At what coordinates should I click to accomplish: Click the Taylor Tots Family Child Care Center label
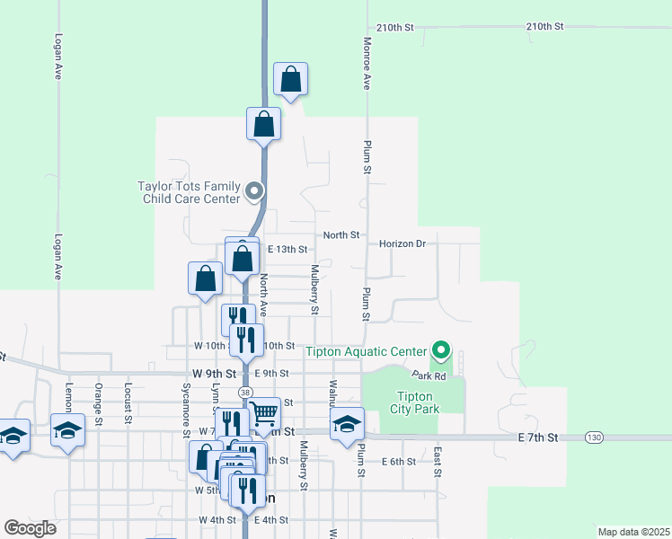[x=189, y=192]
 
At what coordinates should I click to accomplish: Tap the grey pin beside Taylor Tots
[x=254, y=191]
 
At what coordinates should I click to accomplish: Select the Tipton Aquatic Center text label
[x=367, y=350]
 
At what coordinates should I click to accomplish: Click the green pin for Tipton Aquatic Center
[x=440, y=349]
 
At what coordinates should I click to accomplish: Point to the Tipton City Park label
[x=413, y=402]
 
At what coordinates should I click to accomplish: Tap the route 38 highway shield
[x=245, y=393]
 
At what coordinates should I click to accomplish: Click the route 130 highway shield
[x=592, y=437]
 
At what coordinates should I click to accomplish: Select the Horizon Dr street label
[x=407, y=243]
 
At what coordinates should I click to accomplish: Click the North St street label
[x=341, y=235]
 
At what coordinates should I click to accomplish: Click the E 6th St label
[x=398, y=462]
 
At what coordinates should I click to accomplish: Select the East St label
[x=438, y=462]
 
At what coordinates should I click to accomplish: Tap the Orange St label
[x=98, y=402]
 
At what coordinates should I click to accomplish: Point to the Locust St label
[x=128, y=402]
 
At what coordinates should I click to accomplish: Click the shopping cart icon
[x=264, y=413]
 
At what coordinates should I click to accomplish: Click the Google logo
[x=31, y=528]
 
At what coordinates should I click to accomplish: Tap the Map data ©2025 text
[x=632, y=532]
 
